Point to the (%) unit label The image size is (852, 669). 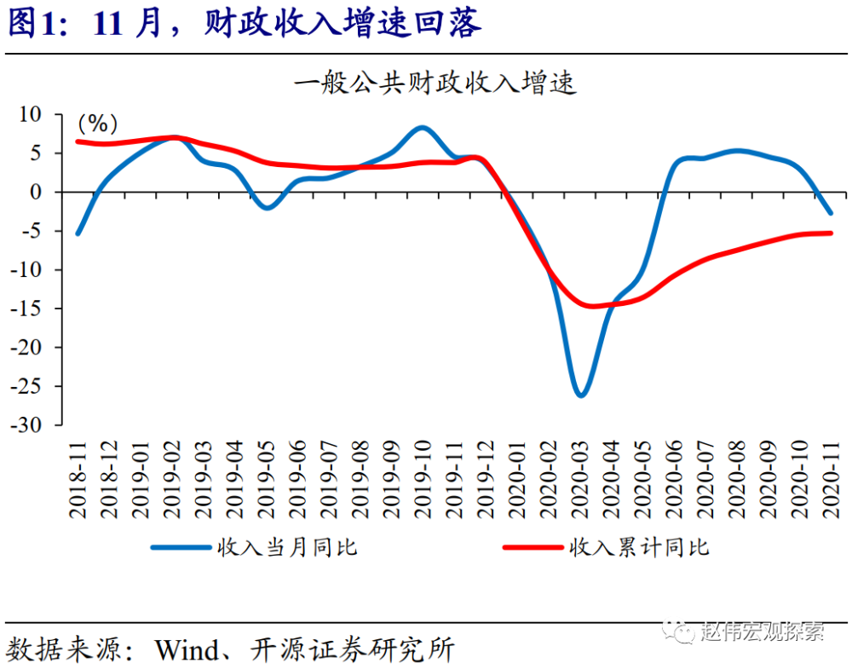click(x=98, y=124)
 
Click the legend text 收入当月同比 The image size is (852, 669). click(x=287, y=546)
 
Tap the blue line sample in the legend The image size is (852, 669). click(x=181, y=546)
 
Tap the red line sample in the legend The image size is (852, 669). click(x=533, y=546)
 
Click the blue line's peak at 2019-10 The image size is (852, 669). click(x=423, y=127)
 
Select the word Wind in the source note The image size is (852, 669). click(x=185, y=650)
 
